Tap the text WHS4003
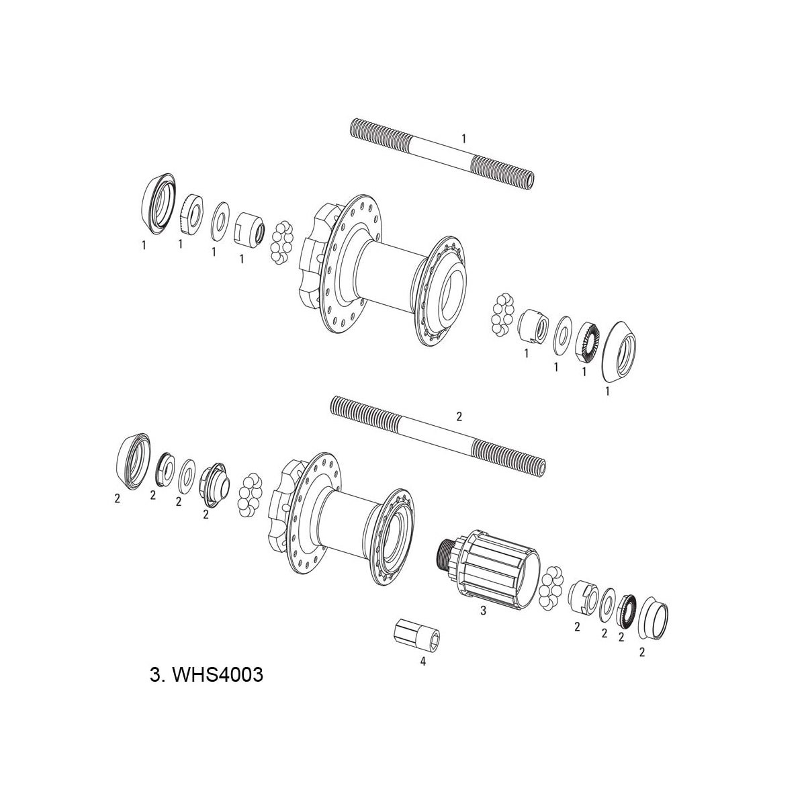[x=206, y=674]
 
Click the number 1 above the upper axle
[x=463, y=138]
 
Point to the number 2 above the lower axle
[x=459, y=416]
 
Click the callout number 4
[x=422, y=662]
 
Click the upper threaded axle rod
[x=443, y=153]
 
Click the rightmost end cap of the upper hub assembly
[x=619, y=353]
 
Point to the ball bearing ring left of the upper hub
[x=281, y=242]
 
